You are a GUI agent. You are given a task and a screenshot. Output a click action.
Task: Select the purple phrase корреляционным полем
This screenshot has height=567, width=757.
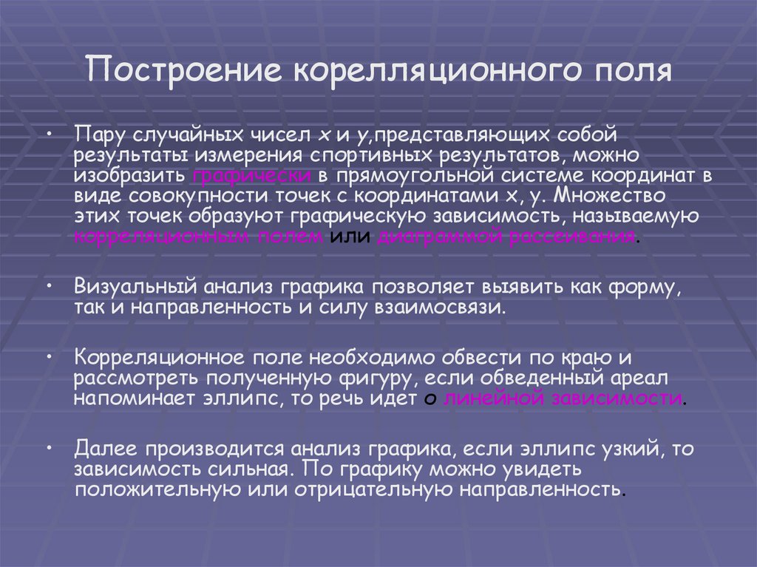tap(199, 237)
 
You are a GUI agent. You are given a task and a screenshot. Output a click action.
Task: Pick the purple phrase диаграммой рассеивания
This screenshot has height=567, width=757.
tap(506, 237)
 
